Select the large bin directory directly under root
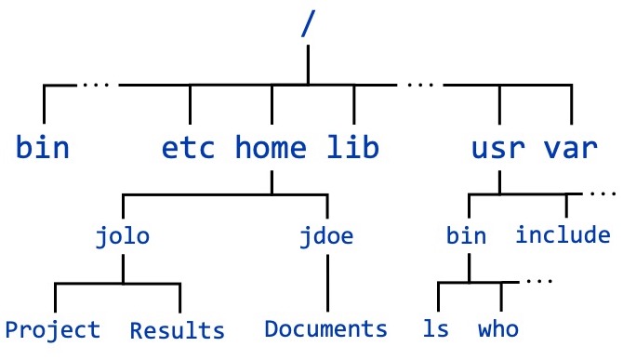point(44,148)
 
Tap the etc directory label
point(189,148)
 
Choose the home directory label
point(272,148)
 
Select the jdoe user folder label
point(326,235)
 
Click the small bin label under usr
point(466,235)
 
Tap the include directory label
point(563,235)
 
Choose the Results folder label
point(178,329)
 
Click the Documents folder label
point(326,329)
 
